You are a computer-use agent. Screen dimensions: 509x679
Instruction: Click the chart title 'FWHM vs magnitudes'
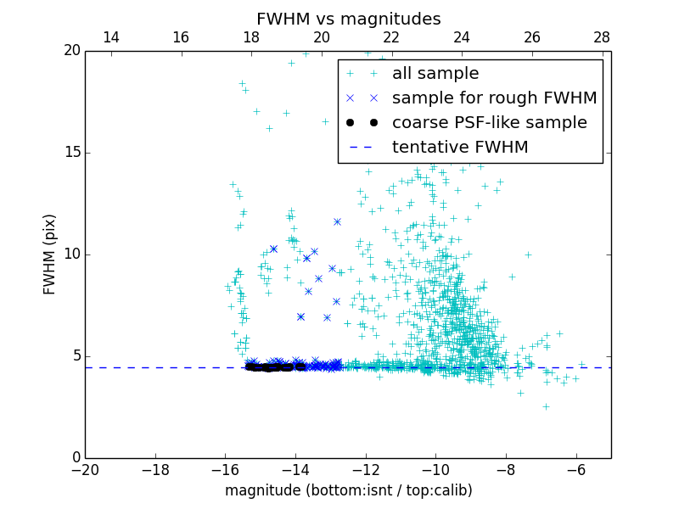(x=348, y=19)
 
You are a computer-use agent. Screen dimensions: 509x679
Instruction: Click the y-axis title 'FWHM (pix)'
(x=50, y=255)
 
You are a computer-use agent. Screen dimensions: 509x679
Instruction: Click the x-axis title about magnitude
(x=348, y=490)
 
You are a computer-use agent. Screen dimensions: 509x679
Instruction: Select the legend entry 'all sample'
(x=435, y=74)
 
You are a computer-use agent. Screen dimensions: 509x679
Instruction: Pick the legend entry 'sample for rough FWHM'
(x=494, y=98)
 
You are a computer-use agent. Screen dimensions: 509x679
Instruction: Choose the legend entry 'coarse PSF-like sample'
(x=489, y=122)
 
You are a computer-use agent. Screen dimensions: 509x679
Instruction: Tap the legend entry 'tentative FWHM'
(x=459, y=147)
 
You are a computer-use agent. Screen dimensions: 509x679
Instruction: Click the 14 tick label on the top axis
(x=110, y=37)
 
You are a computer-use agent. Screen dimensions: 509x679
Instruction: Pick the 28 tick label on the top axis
(x=602, y=37)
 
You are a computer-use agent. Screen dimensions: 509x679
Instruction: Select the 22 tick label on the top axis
(x=391, y=37)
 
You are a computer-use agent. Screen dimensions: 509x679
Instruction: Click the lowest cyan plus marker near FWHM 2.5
(x=546, y=406)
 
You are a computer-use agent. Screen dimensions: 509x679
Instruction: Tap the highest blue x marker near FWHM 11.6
(x=337, y=221)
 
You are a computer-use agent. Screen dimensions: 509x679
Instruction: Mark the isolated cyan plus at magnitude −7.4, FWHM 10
(x=527, y=255)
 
